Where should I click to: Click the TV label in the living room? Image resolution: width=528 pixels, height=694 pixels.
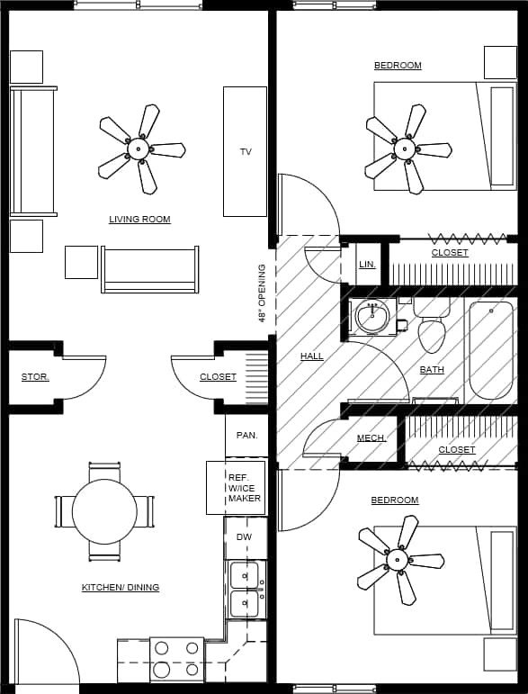click(246, 152)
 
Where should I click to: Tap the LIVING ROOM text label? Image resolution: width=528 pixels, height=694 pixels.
click(139, 220)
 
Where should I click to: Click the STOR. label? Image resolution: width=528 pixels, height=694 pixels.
click(35, 377)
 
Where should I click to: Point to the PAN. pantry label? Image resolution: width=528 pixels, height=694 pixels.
click(246, 436)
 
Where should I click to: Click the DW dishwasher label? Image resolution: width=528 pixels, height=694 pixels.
click(245, 537)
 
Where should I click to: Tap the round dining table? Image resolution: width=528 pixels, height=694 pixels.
click(104, 511)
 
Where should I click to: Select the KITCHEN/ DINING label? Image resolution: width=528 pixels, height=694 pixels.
click(121, 588)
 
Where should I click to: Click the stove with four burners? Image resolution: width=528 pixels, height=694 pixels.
click(176, 659)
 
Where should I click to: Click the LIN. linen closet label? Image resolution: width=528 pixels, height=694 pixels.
click(367, 265)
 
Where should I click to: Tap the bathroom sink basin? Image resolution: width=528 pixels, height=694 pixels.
click(371, 316)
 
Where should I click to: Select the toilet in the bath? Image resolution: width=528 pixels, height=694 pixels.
click(432, 327)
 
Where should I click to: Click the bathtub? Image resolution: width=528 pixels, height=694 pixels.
click(490, 349)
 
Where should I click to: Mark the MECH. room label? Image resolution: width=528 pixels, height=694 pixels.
click(371, 438)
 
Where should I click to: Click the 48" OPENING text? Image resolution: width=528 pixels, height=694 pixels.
click(262, 293)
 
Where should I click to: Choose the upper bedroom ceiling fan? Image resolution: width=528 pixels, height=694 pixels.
click(406, 149)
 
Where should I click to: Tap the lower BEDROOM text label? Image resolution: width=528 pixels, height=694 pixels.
click(395, 500)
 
